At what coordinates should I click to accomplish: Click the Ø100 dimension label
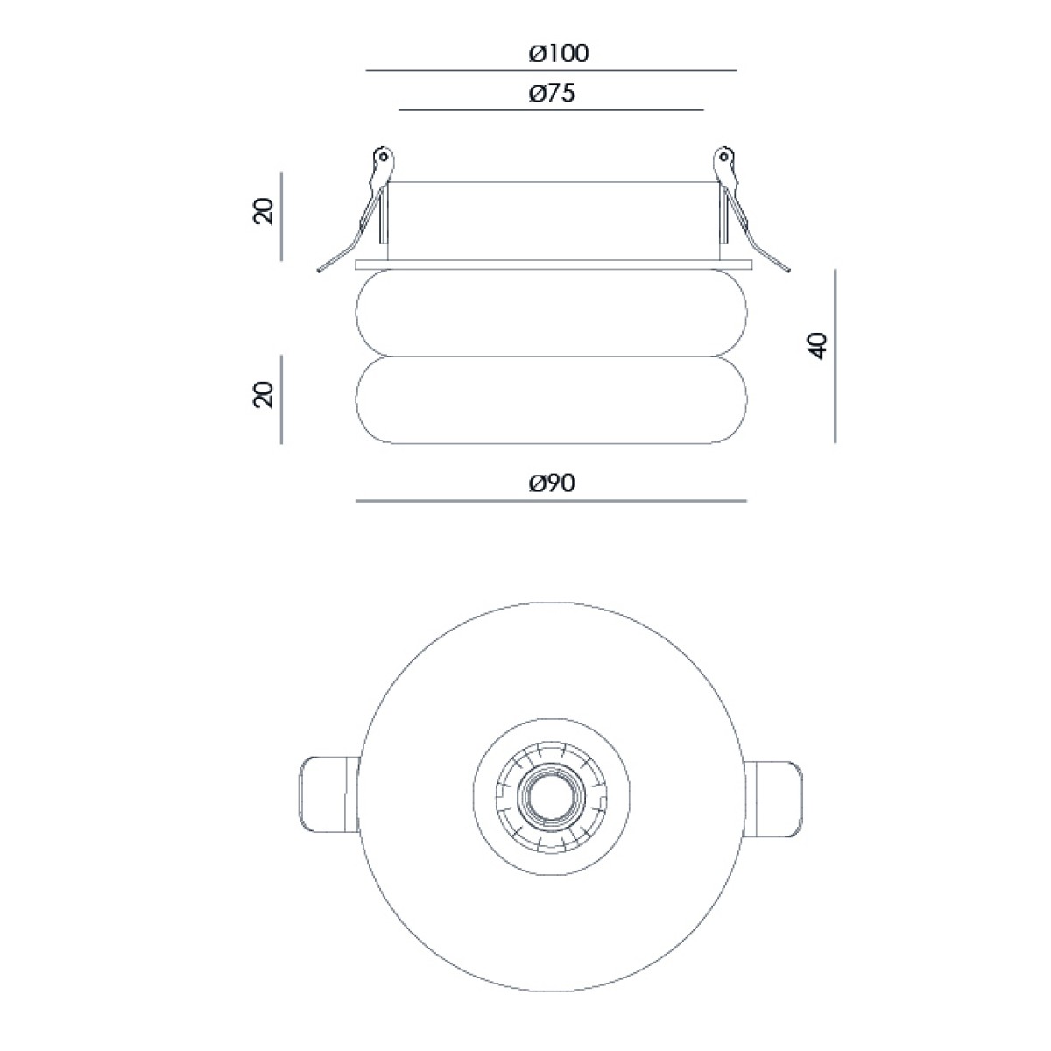pyautogui.click(x=559, y=53)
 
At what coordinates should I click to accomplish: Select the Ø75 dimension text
pyautogui.click(x=552, y=93)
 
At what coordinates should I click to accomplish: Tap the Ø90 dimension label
pyautogui.click(x=552, y=483)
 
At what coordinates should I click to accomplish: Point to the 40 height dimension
pyautogui.click(x=819, y=345)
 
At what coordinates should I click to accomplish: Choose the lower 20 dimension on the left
pyautogui.click(x=263, y=394)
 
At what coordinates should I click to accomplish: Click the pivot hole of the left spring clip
pyautogui.click(x=384, y=157)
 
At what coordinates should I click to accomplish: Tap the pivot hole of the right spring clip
pyautogui.click(x=723, y=157)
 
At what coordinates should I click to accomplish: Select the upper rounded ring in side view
pyautogui.click(x=552, y=313)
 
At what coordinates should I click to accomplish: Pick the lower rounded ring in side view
pyautogui.click(x=552, y=400)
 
